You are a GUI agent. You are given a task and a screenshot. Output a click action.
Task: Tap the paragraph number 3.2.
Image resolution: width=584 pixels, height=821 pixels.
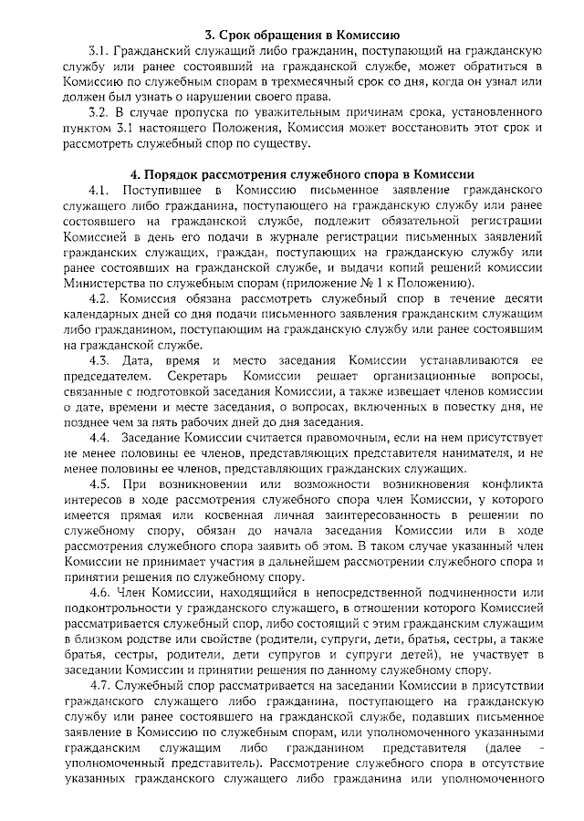[x=99, y=114]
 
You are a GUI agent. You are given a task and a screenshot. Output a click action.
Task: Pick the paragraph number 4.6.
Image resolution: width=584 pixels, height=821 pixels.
[x=99, y=596]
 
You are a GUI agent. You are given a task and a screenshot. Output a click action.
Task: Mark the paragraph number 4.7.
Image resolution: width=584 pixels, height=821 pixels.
[x=99, y=686]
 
